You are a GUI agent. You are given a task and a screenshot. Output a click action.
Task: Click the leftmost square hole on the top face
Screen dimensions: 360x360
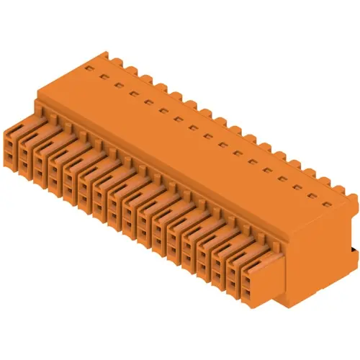89,69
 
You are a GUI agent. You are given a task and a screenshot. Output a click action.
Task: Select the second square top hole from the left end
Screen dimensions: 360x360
103,77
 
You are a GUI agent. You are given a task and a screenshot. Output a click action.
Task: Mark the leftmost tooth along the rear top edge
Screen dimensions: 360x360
106,55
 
